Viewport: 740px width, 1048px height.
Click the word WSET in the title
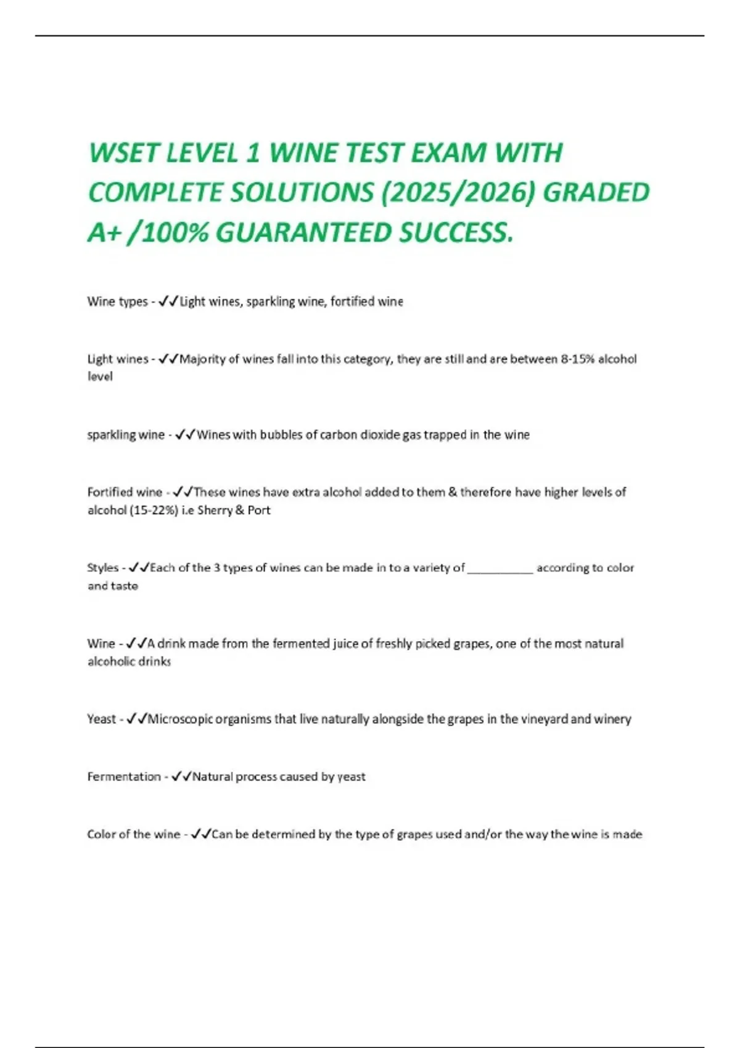pyautogui.click(x=123, y=154)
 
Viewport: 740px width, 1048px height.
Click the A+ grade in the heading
pyautogui.click(x=103, y=233)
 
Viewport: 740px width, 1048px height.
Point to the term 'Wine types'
pyautogui.click(x=117, y=301)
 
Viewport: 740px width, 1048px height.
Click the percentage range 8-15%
pyautogui.click(x=577, y=359)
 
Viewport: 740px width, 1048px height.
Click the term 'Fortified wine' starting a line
pyautogui.click(x=125, y=492)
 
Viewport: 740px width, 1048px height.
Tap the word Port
pyautogui.click(x=259, y=510)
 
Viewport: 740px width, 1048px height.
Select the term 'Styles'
pyautogui.click(x=102, y=568)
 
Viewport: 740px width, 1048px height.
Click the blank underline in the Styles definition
pyautogui.click(x=500, y=570)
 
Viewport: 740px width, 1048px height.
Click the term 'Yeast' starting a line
pyautogui.click(x=101, y=719)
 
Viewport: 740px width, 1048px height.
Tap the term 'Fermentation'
pyautogui.click(x=123, y=777)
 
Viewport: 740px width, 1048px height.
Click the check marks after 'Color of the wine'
pyautogui.click(x=201, y=834)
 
